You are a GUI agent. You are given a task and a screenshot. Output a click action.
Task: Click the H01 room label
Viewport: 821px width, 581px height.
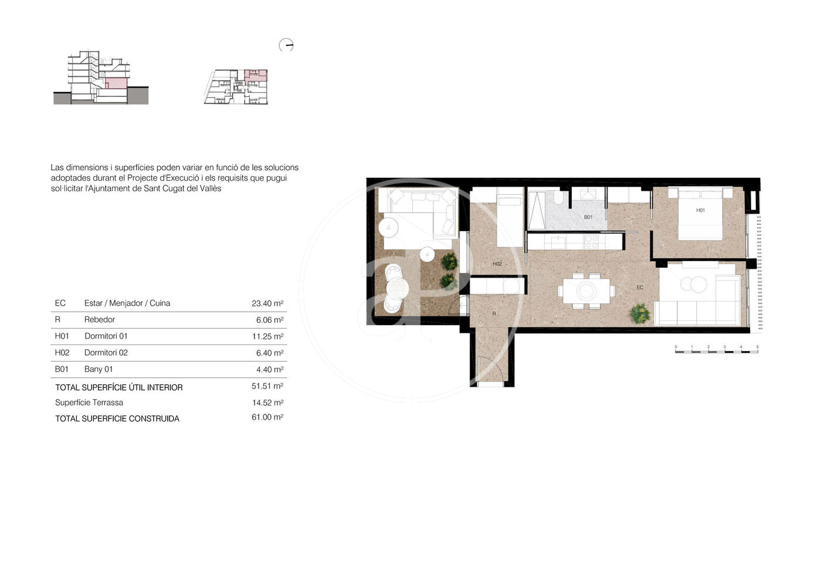(700, 210)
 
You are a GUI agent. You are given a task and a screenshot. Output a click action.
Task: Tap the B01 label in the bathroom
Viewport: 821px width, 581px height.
(588, 217)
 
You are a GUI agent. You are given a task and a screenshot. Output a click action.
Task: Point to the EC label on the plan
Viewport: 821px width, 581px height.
(640, 287)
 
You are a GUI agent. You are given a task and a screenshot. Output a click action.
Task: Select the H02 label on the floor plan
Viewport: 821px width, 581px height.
(497, 264)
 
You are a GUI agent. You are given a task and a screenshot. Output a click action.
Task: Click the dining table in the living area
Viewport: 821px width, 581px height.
(586, 290)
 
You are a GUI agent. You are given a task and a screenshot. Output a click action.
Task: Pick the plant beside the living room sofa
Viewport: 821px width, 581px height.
(640, 313)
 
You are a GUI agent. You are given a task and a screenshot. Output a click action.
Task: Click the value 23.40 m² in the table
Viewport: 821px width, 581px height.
(267, 303)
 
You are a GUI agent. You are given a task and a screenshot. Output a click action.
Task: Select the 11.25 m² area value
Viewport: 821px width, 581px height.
(268, 336)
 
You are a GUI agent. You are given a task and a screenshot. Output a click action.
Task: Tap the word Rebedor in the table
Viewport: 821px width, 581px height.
(100, 319)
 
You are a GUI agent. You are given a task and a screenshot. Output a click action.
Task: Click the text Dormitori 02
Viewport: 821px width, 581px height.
(106, 353)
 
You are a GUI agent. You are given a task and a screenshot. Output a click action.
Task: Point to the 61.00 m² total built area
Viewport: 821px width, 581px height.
(267, 417)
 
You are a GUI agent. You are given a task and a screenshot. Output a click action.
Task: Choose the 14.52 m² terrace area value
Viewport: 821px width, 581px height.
(268, 403)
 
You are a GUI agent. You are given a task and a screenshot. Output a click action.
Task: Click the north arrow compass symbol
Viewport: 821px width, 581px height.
(286, 45)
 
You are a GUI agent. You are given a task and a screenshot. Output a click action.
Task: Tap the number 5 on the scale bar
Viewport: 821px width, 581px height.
(757, 347)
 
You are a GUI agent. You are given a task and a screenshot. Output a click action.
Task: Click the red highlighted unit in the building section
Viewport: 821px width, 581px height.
(117, 83)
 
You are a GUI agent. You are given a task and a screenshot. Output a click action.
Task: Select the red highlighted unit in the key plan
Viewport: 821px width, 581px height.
(256, 76)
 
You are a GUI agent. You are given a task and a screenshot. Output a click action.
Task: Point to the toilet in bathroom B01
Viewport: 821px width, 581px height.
(558, 198)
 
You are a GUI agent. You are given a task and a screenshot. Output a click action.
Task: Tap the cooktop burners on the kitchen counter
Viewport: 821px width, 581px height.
(591, 242)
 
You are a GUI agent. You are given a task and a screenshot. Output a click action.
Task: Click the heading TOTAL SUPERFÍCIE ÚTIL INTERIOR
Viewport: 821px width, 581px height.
(118, 387)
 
